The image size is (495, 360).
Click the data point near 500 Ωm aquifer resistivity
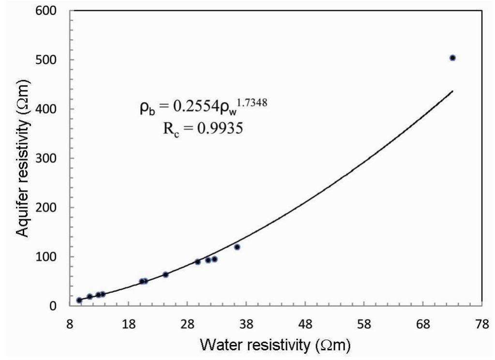pyautogui.click(x=452, y=58)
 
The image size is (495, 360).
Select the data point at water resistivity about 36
pyautogui.click(x=237, y=247)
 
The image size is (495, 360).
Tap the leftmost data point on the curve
pyautogui.click(x=79, y=300)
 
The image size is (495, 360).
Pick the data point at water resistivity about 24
pyautogui.click(x=165, y=274)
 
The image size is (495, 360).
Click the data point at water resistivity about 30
pyautogui.click(x=197, y=262)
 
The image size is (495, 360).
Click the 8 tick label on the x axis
pyautogui.click(x=70, y=325)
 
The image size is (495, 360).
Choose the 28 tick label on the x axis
pyautogui.click(x=187, y=325)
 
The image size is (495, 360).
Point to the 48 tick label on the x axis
pyautogui.click(x=305, y=325)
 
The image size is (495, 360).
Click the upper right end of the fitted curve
pyautogui.click(x=452, y=91)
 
